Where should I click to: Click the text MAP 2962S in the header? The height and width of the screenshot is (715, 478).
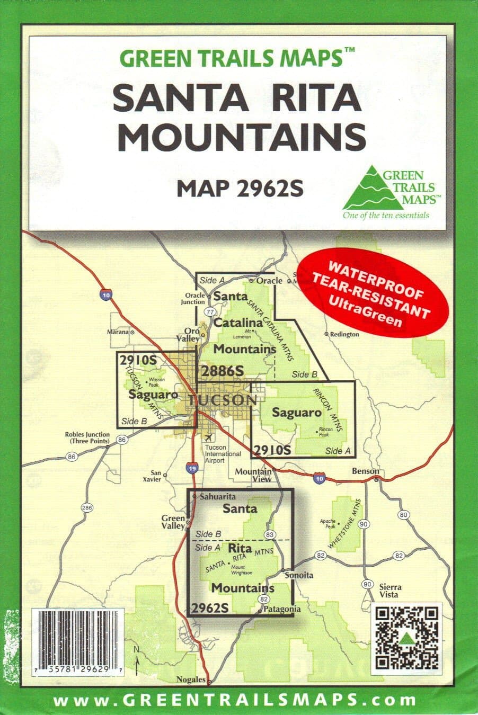pos(240,187)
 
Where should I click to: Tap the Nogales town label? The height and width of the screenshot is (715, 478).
pos(191,680)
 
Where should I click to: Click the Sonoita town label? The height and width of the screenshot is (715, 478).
pos(299,575)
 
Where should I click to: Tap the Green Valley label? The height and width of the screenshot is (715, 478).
pos(173,522)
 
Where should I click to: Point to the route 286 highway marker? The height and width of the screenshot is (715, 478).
pos(87,508)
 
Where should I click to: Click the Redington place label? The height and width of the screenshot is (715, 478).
pos(344,334)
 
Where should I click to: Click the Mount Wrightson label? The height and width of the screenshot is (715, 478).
pos(242,570)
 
